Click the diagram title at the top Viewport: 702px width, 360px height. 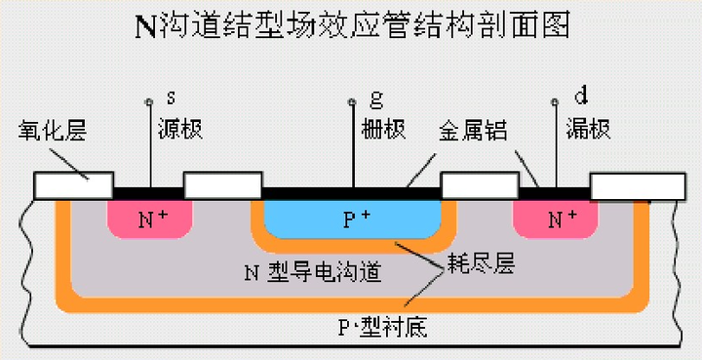click(351, 26)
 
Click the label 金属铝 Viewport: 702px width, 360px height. click(473, 130)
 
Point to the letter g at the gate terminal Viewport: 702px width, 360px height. click(376, 99)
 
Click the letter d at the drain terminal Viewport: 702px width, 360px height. click(581, 96)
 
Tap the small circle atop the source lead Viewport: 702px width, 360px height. click(148, 101)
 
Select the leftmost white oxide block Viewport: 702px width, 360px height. click(74, 185)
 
